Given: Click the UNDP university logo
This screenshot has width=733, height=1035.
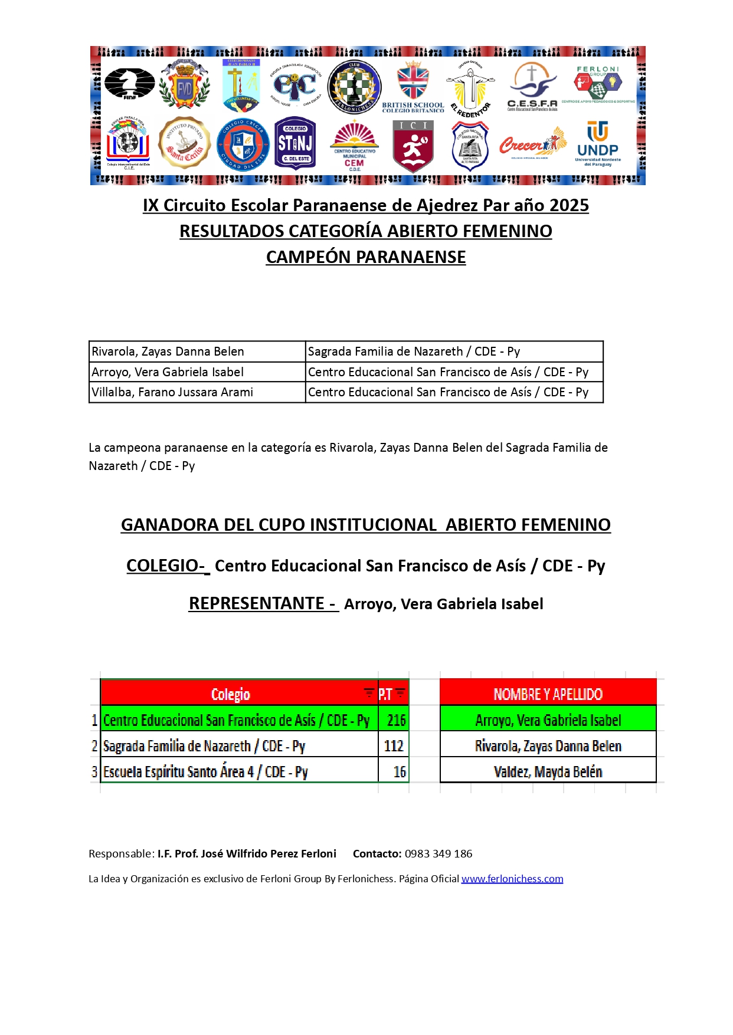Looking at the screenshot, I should [x=598, y=144].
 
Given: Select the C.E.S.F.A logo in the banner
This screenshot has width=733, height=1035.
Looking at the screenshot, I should [x=532, y=87].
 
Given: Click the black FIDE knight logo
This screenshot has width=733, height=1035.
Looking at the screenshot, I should [x=129, y=84].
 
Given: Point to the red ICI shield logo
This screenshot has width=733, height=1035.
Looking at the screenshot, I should [x=413, y=145].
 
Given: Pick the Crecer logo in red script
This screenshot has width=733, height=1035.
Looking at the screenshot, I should [x=532, y=144].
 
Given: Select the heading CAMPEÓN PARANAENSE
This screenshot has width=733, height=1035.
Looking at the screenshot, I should [x=366, y=257].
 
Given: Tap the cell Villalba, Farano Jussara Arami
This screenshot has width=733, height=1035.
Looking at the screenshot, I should [x=172, y=392].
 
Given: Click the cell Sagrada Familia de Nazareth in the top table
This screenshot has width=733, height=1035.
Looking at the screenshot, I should [x=414, y=351].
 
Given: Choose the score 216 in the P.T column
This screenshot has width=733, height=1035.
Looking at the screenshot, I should [x=396, y=720].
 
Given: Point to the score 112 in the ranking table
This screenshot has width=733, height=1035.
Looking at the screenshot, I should [x=394, y=746].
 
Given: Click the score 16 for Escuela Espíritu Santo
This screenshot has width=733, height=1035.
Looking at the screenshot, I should [x=400, y=772].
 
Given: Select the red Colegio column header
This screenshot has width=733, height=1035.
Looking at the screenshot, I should [x=231, y=694].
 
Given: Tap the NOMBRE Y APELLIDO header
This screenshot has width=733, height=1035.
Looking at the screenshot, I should [x=548, y=694].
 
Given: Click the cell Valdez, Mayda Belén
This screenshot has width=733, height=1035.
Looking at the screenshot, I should [x=548, y=772].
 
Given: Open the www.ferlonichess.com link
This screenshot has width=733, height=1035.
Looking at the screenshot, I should [x=512, y=879].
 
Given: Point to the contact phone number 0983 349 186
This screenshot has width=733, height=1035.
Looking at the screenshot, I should [x=439, y=854].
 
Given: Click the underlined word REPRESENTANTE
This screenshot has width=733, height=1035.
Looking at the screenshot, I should [x=257, y=603].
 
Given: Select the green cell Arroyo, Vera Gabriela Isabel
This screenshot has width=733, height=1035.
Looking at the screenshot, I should [x=548, y=720].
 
